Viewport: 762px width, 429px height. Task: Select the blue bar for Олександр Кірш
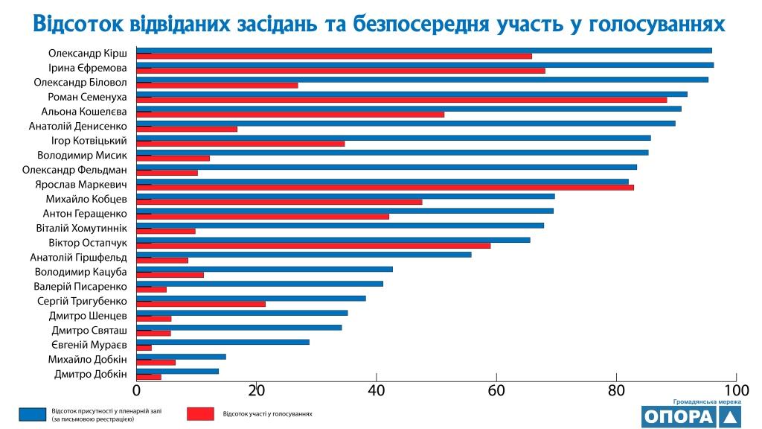pyautogui.click(x=424, y=51)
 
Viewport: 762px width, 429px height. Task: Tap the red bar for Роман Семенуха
pyautogui.click(x=402, y=100)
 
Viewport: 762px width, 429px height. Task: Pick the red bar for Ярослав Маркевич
pyautogui.click(x=385, y=187)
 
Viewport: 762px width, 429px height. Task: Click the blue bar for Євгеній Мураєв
pyautogui.click(x=223, y=342)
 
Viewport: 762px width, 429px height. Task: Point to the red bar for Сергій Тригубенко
pyautogui.click(x=201, y=304)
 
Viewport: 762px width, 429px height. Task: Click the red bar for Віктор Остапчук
pyautogui.click(x=313, y=245)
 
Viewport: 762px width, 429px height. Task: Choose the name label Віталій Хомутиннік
pyautogui.click(x=82, y=228)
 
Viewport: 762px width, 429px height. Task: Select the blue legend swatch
pyautogui.click(x=32, y=413)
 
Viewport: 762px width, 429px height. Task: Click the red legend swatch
pyautogui.click(x=199, y=413)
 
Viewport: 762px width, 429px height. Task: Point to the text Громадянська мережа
pyautogui.click(x=707, y=401)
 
